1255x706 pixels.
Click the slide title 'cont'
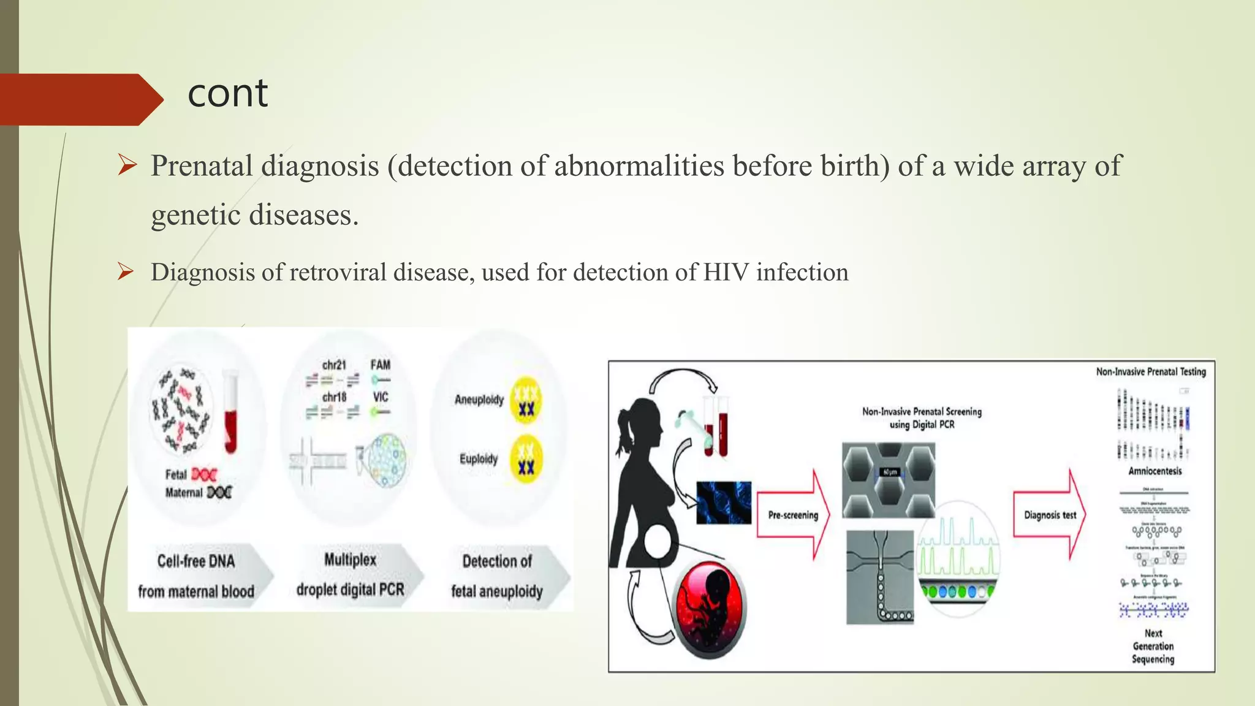pos(227,94)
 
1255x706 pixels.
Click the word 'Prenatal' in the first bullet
pos(202,166)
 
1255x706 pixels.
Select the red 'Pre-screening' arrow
pos(793,515)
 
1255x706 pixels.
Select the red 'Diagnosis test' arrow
pos(1050,515)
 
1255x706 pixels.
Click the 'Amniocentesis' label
pos(1155,471)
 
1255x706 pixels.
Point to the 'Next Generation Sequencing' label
pos(1153,646)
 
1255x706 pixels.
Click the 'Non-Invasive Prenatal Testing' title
pos(1150,371)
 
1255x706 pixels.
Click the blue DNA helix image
pos(724,503)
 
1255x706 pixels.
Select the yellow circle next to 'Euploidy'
pos(526,459)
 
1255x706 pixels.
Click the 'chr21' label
pos(334,365)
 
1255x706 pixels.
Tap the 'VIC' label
pos(381,397)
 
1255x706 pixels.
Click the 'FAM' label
pos(380,365)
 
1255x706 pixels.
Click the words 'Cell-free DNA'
pos(196,561)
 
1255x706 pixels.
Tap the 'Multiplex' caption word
pos(350,560)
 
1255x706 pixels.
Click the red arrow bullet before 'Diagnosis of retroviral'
pos(126,271)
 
